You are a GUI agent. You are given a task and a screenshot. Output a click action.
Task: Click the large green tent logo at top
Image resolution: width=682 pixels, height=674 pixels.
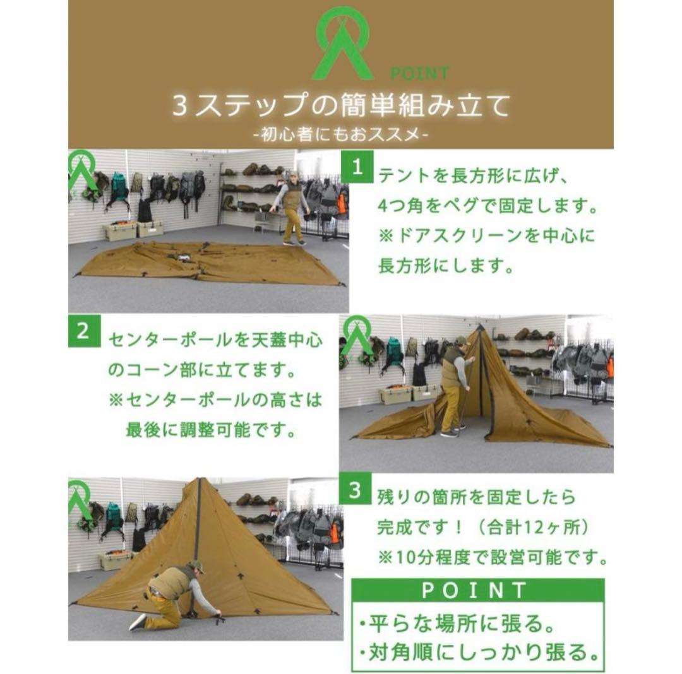tap(342, 44)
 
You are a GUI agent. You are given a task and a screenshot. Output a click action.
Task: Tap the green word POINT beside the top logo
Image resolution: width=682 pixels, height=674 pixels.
tap(419, 74)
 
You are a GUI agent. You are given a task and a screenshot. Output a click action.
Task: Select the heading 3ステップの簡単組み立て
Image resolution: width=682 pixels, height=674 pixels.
tap(341, 105)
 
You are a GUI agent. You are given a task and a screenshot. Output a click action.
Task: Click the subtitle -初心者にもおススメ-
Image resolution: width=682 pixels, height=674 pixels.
tap(340, 134)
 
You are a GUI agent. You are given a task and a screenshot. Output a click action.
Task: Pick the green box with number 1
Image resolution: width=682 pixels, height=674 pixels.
tap(357, 168)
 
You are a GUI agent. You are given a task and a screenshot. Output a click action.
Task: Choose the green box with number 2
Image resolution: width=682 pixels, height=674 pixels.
tap(83, 332)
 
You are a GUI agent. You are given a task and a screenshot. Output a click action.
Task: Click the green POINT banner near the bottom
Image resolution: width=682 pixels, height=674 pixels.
tap(474, 591)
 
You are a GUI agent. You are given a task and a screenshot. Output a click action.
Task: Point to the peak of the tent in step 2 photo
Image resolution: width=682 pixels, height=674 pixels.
tap(480, 328)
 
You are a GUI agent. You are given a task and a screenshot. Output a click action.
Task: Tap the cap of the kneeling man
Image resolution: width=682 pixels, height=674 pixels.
tap(196, 565)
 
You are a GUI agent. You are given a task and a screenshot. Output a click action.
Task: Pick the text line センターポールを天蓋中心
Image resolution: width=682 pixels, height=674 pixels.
tap(215, 340)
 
